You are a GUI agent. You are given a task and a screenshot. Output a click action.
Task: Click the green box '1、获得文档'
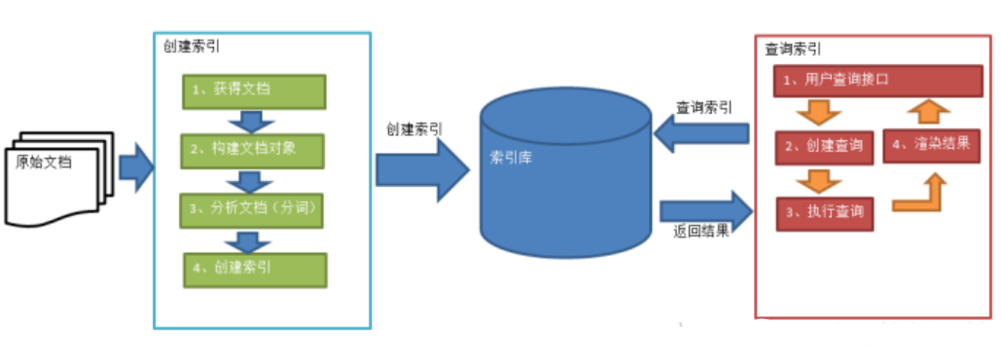click(x=254, y=90)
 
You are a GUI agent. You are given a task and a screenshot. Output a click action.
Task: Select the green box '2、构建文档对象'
click(x=254, y=151)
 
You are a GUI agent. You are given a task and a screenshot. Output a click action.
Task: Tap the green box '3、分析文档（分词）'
click(x=254, y=209)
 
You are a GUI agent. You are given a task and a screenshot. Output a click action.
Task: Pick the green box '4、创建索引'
click(x=254, y=269)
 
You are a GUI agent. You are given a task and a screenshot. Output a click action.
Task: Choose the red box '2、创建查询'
click(x=823, y=147)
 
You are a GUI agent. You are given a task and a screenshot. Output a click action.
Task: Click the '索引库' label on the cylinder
click(x=512, y=157)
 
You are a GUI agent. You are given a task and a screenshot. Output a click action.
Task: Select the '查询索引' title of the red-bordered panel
click(x=792, y=48)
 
